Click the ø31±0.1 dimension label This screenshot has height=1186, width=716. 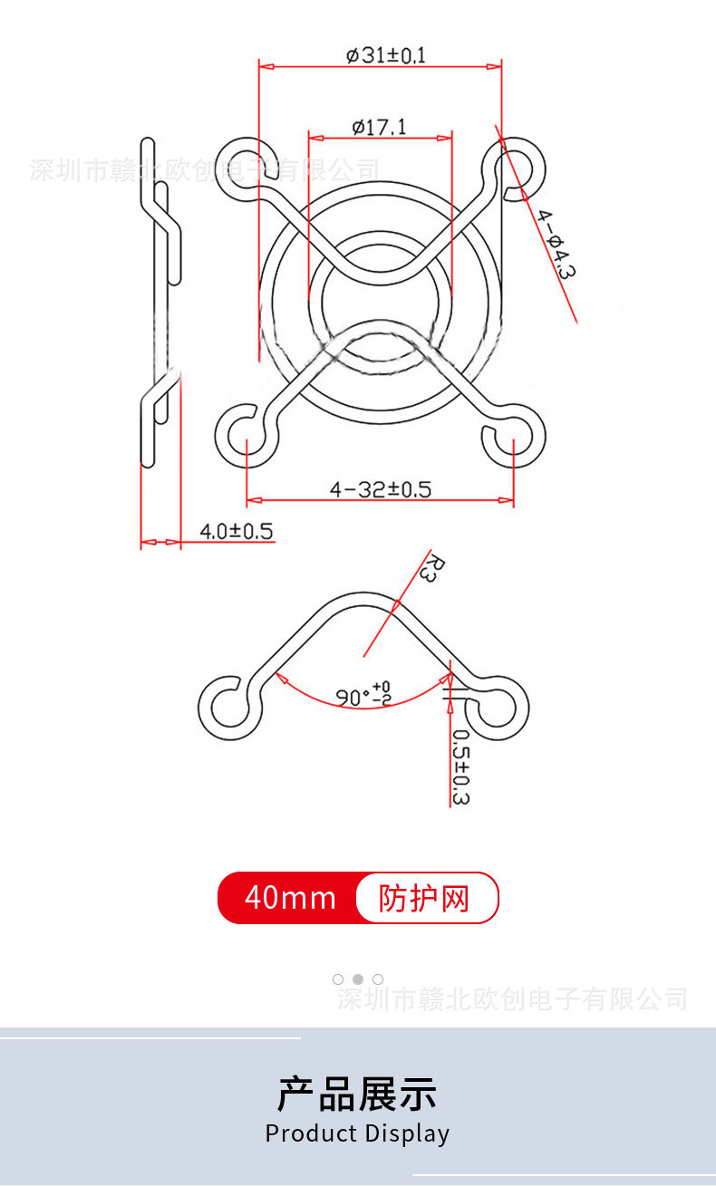385,55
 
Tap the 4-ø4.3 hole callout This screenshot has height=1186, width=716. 556,243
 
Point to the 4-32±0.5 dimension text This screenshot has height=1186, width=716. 381,489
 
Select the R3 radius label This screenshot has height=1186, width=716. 434,570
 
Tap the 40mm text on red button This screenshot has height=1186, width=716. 290,898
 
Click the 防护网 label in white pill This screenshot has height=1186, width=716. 424,899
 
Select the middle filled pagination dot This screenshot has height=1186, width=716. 358,979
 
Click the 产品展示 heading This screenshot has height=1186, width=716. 357,1094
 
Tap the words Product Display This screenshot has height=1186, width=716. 357,1133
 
